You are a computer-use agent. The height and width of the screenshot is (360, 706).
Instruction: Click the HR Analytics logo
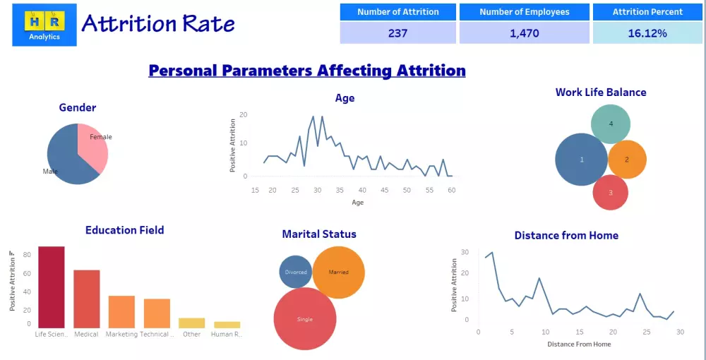(44, 25)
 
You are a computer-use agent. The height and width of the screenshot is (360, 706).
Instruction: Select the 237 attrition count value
(397, 33)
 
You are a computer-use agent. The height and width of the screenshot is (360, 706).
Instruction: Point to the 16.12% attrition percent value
(647, 33)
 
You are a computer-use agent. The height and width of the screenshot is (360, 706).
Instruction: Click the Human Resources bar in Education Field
(227, 325)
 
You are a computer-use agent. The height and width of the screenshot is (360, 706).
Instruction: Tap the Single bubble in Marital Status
(304, 319)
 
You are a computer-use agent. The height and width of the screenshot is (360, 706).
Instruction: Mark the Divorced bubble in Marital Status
(295, 272)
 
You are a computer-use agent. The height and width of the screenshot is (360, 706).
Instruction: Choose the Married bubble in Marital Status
(338, 272)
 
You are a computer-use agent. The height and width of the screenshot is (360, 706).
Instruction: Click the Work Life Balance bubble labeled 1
(581, 160)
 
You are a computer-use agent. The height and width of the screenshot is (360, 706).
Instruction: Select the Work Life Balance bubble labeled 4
(610, 124)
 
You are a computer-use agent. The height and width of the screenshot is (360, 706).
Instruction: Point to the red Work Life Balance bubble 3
(610, 192)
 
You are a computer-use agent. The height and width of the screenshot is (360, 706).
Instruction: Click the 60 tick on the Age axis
(451, 190)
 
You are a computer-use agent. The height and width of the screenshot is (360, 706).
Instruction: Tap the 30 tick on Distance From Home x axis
(680, 332)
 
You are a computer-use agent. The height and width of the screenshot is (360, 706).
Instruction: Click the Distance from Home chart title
(566, 236)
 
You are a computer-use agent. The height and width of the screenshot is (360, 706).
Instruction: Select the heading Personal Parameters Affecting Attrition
(307, 71)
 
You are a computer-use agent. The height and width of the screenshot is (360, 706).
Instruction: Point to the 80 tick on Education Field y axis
(27, 255)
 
